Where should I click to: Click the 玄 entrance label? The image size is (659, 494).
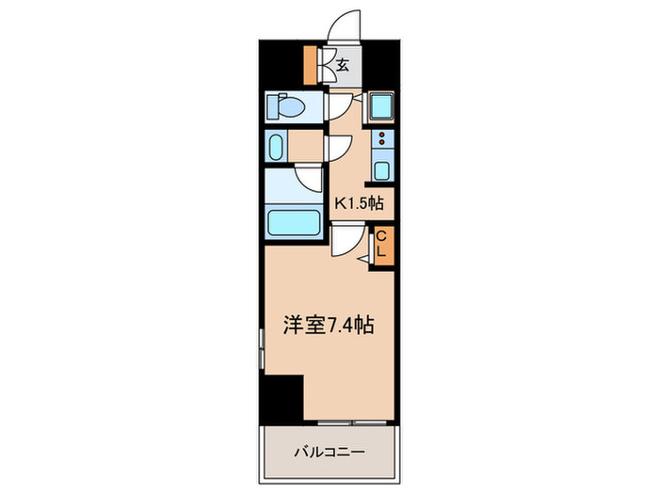[343, 65]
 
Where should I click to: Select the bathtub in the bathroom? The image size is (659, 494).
[294, 223]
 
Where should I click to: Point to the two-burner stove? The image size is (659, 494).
[382, 138]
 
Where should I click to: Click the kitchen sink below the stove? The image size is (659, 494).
[382, 170]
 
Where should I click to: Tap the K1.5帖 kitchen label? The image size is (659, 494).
[359, 204]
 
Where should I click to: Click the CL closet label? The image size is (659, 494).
[381, 245]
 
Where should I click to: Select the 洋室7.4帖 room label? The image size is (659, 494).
[329, 325]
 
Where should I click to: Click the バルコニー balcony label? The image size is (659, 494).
[329, 453]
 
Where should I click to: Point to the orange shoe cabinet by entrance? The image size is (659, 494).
[310, 65]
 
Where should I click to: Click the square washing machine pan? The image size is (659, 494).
[381, 106]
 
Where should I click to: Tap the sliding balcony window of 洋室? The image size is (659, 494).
[351, 422]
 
